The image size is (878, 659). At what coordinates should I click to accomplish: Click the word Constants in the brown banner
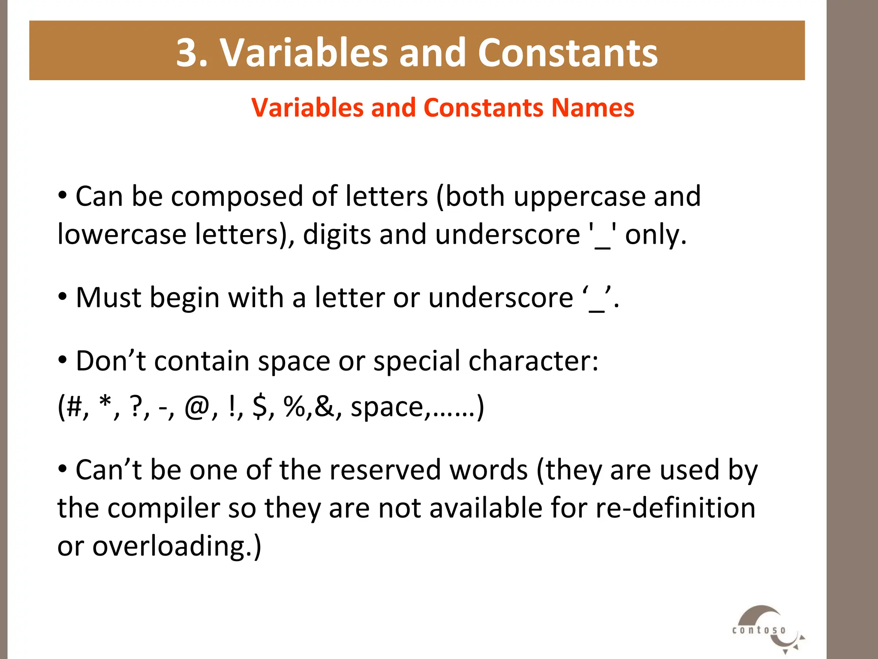point(568,53)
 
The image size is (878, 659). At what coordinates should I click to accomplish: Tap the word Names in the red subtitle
point(592,108)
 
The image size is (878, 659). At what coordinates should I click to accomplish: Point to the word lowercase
point(122,235)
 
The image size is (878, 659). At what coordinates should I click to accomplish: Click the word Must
point(108,298)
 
